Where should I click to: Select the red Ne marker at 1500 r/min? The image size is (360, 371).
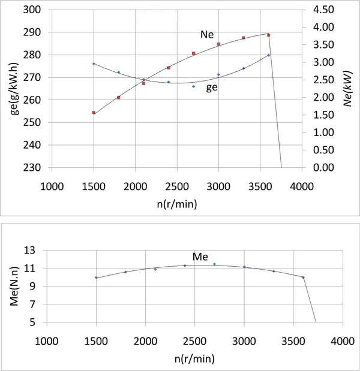[94, 112]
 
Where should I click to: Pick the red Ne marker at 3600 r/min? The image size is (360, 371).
[268, 35]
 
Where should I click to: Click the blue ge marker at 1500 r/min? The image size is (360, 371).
[94, 64]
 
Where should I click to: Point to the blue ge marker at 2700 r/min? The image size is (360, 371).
[193, 86]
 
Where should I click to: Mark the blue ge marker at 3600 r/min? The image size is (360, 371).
[268, 55]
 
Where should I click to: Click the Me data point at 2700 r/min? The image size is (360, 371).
[214, 264]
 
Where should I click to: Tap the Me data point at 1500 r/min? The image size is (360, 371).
[96, 278]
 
